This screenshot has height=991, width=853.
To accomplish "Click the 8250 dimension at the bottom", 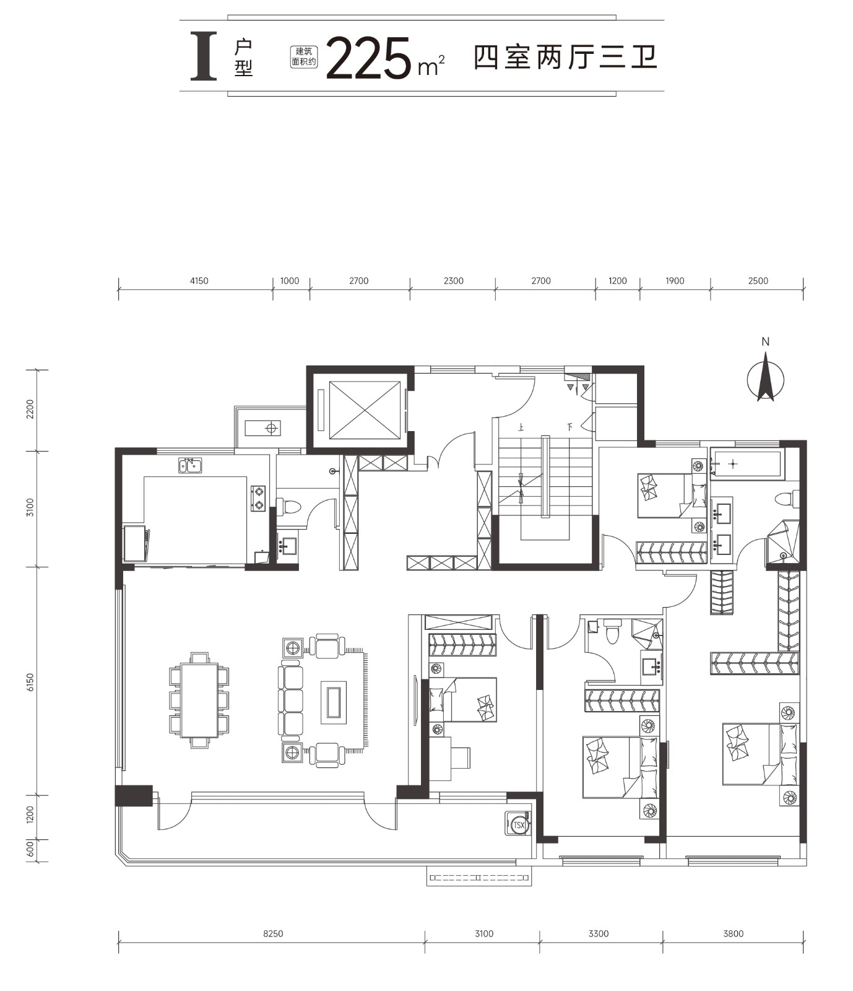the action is pos(272,933).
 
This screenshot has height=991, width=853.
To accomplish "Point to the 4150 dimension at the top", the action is pos(199,281).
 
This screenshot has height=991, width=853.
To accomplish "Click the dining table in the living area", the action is pos(199,701).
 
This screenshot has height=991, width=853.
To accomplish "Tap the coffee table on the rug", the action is pos(334,701).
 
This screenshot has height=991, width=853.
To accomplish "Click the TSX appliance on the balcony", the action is pos(517,824).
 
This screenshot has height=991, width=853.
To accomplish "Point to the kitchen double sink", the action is pos(190,465).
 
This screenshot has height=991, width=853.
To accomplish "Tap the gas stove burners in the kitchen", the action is pos(258,498).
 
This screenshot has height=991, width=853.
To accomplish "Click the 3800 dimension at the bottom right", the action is pos(733,933).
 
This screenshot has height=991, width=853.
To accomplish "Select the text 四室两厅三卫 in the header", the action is pos(565,58).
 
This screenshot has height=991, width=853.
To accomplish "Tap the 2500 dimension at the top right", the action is pos(758,281).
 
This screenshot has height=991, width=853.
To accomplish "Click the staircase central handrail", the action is pos(545,476).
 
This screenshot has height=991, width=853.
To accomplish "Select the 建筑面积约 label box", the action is pos(304,57).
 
